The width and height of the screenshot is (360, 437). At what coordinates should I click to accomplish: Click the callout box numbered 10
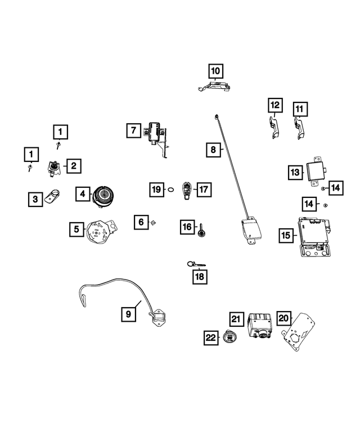pyautogui.click(x=216, y=71)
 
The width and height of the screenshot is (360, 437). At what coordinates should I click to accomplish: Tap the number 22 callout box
pyautogui.click(x=211, y=337)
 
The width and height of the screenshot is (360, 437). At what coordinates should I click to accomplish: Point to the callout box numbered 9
pyautogui.click(x=129, y=314)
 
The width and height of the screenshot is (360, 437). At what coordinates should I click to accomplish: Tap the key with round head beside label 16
pyautogui.click(x=201, y=228)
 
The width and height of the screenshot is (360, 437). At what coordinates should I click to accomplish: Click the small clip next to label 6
pyautogui.click(x=153, y=223)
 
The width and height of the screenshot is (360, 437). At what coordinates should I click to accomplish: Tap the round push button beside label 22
pyautogui.click(x=229, y=337)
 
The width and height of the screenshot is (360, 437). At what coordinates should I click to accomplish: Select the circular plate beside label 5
pyautogui.click(x=102, y=231)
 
